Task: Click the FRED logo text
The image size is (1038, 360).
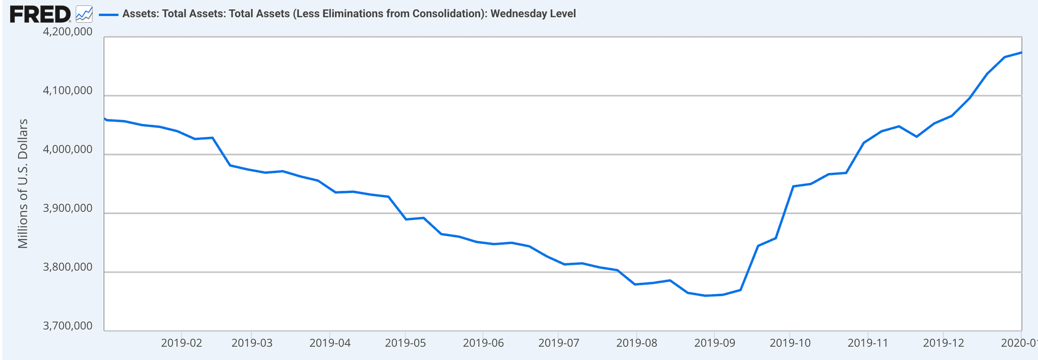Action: (39, 14)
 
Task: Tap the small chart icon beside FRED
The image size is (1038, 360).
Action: (84, 14)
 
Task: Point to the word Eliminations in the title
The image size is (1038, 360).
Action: (346, 14)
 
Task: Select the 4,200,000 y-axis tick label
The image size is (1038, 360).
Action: (68, 32)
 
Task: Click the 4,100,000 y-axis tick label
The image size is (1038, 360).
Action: (68, 91)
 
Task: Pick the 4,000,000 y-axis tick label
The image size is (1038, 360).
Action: (68, 150)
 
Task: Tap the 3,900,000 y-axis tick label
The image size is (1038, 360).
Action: (68, 209)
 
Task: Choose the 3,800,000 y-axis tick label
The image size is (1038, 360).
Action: (68, 268)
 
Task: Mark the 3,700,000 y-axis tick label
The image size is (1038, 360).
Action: (68, 326)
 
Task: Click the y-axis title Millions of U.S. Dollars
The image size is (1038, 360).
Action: (23, 184)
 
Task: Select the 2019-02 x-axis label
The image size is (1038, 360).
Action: (182, 343)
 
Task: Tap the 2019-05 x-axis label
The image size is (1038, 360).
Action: (405, 343)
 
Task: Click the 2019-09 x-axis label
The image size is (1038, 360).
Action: (715, 343)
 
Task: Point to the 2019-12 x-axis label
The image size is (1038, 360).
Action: (943, 343)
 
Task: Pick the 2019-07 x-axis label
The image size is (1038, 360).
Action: (559, 343)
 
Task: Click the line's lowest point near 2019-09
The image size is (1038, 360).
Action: (705, 296)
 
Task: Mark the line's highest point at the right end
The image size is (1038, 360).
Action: (1021, 52)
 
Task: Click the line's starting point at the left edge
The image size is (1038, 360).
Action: (104, 118)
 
